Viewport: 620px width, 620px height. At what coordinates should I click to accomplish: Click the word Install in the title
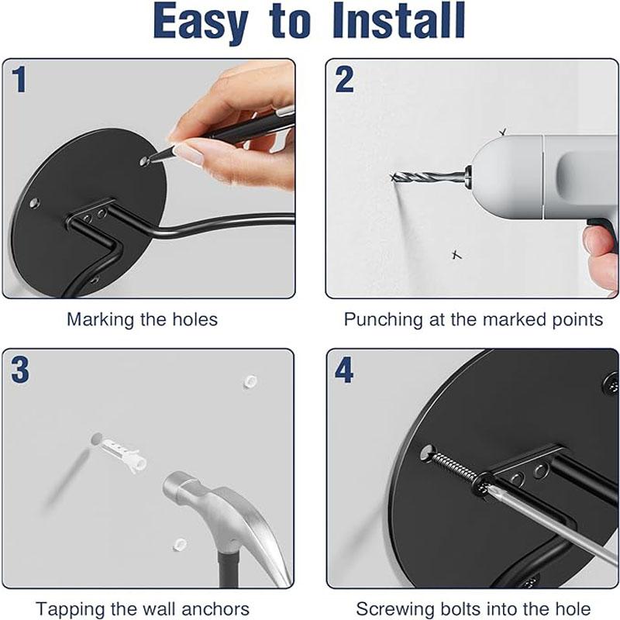coord(398,21)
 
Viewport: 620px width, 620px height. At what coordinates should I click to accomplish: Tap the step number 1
coord(19,79)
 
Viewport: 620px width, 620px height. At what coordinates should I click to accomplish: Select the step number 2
coord(344,80)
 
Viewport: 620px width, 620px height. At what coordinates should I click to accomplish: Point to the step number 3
coord(20,370)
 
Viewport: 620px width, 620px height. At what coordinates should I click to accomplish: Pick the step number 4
coord(344,370)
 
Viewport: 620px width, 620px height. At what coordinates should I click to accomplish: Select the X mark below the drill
coord(456,255)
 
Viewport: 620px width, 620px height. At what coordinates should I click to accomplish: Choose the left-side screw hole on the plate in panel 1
coord(34,204)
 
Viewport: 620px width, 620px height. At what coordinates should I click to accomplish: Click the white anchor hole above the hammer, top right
coord(250,381)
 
